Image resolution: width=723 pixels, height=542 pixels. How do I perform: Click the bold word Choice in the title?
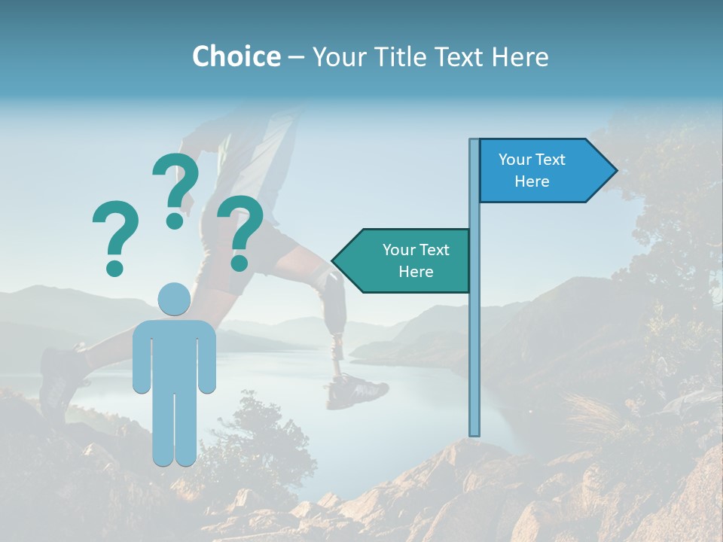[x=236, y=56]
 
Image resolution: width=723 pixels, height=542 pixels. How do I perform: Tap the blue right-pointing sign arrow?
[x=542, y=170]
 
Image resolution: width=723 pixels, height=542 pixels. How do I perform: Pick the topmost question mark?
[x=176, y=188]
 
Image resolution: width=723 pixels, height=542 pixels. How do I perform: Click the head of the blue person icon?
[x=174, y=299]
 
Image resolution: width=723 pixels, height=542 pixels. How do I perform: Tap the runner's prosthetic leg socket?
[x=331, y=287]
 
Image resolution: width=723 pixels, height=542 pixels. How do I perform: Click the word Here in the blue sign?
[x=532, y=181]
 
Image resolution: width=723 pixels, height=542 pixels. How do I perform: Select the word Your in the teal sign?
[x=398, y=250]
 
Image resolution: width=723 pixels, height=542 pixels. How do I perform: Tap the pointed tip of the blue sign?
[x=615, y=171]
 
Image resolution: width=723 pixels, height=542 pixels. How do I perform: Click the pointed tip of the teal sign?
[x=334, y=261]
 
